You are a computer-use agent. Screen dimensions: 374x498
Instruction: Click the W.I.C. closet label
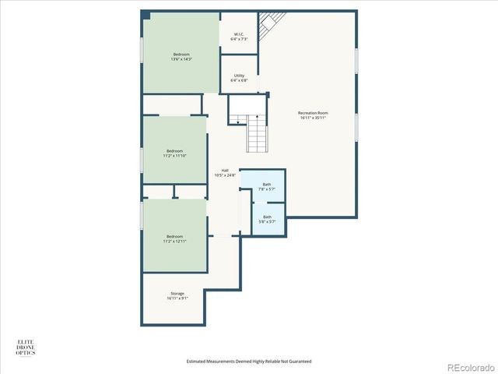[240, 36]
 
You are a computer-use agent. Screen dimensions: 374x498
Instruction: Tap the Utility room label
[240, 78]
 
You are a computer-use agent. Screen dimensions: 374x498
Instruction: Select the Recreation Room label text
[313, 115]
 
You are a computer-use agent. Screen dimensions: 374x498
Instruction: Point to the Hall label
[225, 172]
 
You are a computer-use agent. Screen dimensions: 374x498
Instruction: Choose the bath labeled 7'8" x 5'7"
[267, 186]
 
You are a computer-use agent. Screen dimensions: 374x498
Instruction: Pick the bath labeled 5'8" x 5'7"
[267, 219]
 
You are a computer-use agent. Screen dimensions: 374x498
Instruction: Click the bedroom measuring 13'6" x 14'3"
[181, 56]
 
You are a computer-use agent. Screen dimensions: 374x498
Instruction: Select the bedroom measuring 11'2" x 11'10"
[174, 153]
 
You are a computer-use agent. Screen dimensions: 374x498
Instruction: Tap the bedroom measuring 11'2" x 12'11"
[174, 238]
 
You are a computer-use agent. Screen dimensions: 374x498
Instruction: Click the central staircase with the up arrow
[257, 133]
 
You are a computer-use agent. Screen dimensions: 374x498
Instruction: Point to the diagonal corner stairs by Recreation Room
[268, 26]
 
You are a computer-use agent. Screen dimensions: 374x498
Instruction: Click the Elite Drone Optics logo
[26, 348]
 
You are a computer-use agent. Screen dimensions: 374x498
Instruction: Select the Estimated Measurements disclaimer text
[249, 361]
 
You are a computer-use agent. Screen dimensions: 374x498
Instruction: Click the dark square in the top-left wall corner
[146, 15]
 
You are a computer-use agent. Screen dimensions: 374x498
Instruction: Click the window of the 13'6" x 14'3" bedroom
[142, 52]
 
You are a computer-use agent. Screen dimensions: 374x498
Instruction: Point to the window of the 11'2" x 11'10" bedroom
[142, 160]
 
